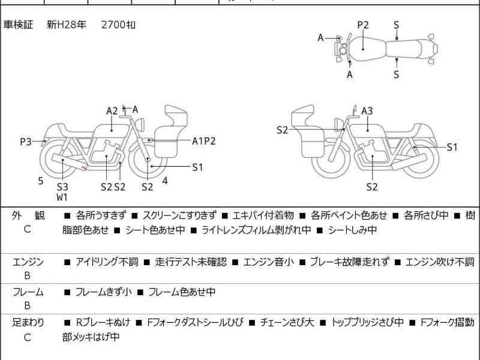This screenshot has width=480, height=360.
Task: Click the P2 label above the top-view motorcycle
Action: point(363,25)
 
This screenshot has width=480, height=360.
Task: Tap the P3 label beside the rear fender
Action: point(25,142)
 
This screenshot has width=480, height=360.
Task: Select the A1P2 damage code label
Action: point(203,141)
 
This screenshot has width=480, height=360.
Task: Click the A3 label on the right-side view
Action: point(367,110)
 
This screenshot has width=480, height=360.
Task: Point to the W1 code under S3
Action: point(62,197)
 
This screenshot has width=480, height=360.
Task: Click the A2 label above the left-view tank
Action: point(112,110)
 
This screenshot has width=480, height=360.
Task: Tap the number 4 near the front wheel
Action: point(165,180)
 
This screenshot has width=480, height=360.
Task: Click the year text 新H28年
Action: point(67,25)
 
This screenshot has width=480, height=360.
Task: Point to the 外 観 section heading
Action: point(28,215)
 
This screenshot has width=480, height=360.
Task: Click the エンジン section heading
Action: point(28,262)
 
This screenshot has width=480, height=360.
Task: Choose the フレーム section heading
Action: point(28,292)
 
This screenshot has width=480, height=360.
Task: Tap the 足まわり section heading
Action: point(28,323)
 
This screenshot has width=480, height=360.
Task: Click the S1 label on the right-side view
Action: point(452,147)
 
